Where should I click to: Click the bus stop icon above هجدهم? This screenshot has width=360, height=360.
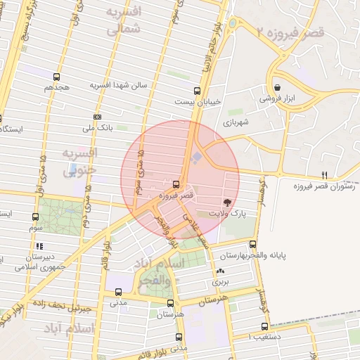tap(56, 77)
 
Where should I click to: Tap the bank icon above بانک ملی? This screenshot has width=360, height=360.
tap(97, 117)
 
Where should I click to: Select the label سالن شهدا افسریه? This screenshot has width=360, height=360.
tap(118, 85)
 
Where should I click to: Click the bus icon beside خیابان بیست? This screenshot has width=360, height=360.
tap(197, 90)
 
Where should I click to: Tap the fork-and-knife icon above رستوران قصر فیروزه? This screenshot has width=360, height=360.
tap(324, 175)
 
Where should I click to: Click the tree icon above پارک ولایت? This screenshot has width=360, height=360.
tap(226, 201)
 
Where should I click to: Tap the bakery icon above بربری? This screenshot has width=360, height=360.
tap(221, 271)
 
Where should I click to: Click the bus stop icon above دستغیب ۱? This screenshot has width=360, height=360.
tap(264, 326)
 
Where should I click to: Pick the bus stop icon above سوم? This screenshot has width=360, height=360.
tap(36, 217)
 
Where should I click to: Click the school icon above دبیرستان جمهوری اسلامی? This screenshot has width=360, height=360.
tap(39, 246)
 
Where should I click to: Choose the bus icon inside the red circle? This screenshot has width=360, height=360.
tap(176, 185)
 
